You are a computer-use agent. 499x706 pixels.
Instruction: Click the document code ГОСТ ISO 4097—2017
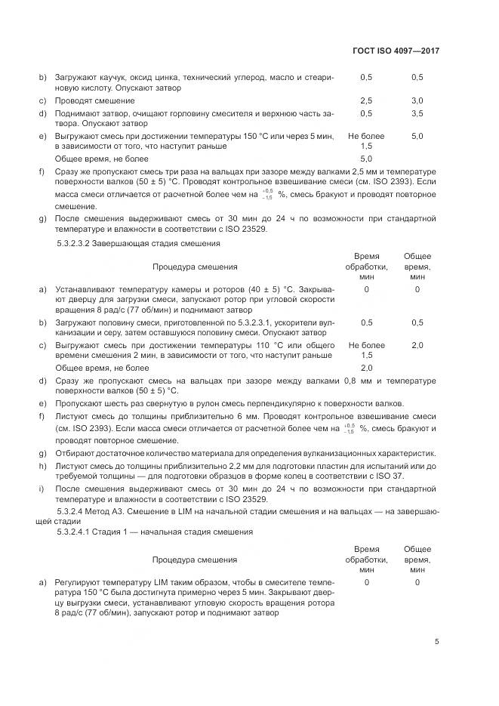[396, 51]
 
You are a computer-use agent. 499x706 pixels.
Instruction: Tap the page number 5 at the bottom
[436, 643]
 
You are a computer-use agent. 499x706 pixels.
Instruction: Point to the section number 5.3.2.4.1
[78, 532]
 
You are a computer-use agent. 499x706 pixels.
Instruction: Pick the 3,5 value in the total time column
[417, 113]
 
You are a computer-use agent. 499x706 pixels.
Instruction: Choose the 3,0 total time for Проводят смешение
[417, 100]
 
